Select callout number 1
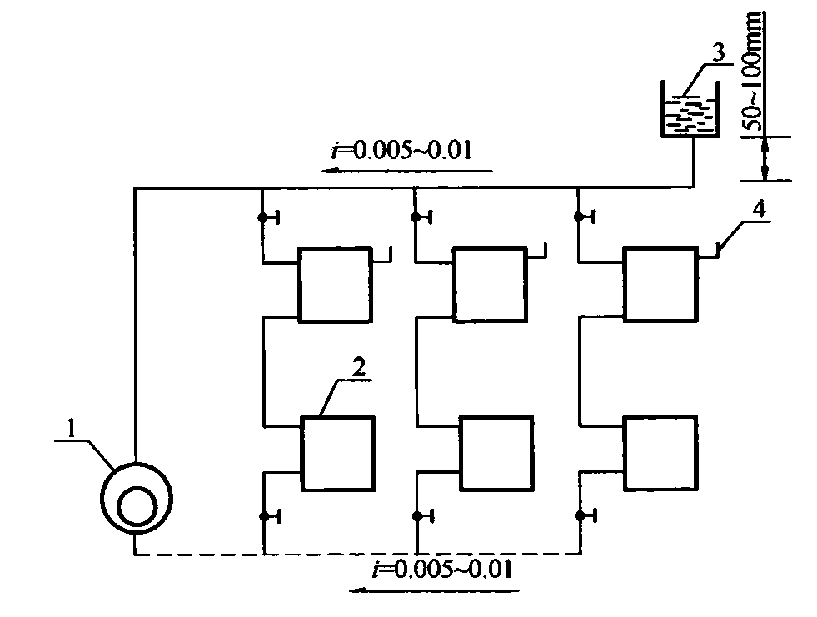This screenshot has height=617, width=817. tap(72, 430)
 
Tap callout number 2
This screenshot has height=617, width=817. tap(359, 368)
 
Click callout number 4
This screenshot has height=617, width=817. tap(759, 210)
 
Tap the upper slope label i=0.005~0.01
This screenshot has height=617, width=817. tap(401, 150)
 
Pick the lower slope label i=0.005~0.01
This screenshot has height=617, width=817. tap(442, 568)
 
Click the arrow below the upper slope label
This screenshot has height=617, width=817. tap(406, 171)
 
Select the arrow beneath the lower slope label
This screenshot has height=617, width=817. tap(434, 590)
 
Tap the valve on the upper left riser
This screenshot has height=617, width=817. tap(268, 216)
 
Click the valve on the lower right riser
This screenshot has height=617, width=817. tap(585, 516)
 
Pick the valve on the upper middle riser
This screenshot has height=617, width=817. tap(421, 216)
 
